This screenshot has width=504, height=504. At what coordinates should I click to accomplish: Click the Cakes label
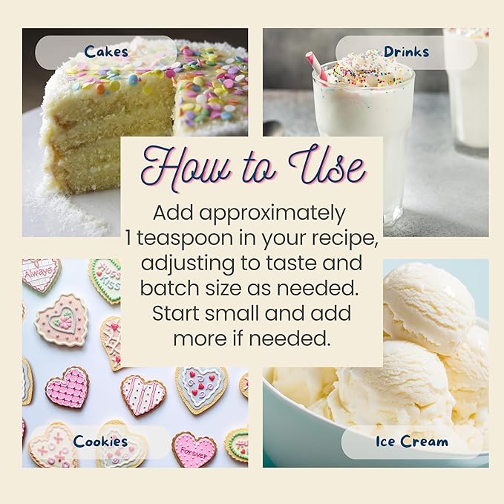click(x=106, y=52)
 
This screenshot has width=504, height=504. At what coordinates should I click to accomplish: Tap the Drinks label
click(x=406, y=52)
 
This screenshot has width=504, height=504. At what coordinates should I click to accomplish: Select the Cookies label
click(x=100, y=442)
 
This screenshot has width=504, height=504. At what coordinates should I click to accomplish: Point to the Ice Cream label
click(x=412, y=442)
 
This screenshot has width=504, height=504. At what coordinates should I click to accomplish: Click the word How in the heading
click(x=186, y=168)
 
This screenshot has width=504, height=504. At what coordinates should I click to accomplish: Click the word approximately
click(x=272, y=214)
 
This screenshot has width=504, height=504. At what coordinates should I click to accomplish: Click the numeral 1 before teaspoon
click(x=128, y=238)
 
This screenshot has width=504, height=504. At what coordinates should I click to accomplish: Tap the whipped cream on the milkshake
click(x=367, y=70)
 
